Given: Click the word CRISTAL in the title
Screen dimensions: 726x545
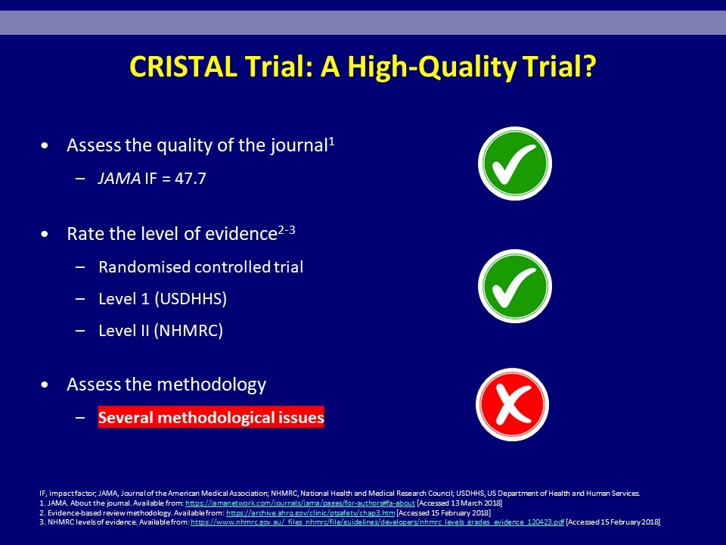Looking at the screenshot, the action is click(x=183, y=67).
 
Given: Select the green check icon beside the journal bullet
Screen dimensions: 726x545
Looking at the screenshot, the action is click(x=515, y=163).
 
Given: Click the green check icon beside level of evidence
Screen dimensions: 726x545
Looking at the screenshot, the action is click(x=515, y=286).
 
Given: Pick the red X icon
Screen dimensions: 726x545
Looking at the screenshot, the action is click(x=513, y=404).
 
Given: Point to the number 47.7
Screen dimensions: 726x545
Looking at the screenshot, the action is click(x=191, y=179).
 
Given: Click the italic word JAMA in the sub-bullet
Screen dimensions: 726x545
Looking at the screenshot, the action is click(x=119, y=179).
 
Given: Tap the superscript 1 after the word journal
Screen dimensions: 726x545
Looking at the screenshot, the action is click(x=331, y=142).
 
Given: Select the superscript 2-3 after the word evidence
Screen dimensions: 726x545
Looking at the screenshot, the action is click(x=286, y=230).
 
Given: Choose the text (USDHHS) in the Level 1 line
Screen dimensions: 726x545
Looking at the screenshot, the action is click(x=191, y=299).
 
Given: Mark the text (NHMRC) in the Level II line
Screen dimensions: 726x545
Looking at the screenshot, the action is click(x=188, y=331).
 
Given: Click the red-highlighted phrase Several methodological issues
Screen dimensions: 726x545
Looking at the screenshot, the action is click(x=211, y=418).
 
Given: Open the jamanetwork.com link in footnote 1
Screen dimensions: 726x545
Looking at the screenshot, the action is click(x=300, y=503).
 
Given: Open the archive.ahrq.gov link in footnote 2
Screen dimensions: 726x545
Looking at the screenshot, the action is click(x=310, y=513).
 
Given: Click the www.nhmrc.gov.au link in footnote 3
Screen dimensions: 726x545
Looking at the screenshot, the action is click(x=377, y=522).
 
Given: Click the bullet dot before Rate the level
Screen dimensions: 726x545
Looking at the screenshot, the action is click(x=45, y=235).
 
